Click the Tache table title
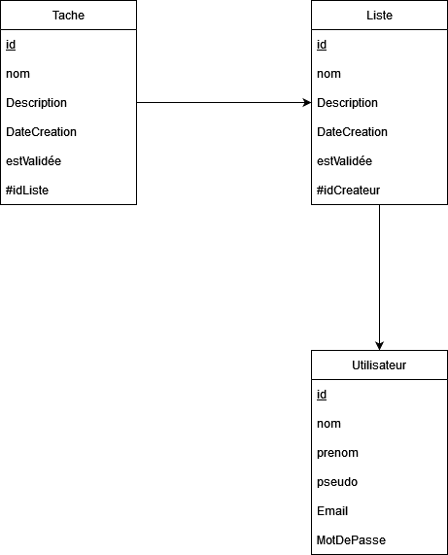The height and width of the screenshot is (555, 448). pyautogui.click(x=68, y=16)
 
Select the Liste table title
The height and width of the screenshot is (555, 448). pyautogui.click(x=379, y=16)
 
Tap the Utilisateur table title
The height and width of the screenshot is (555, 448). pyautogui.click(x=379, y=364)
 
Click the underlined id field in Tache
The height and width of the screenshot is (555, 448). pyautogui.click(x=11, y=45)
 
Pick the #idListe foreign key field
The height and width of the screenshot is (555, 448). pyautogui.click(x=27, y=191)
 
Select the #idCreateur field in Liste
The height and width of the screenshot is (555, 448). pyautogui.click(x=348, y=191)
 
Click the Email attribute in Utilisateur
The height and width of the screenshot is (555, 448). pyautogui.click(x=332, y=510)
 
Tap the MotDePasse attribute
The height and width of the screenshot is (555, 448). pyautogui.click(x=351, y=539)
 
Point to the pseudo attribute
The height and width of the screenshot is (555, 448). pyautogui.click(x=337, y=482)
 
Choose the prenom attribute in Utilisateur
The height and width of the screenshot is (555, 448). pyautogui.click(x=337, y=453)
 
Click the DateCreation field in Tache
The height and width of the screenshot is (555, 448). pyautogui.click(x=41, y=131)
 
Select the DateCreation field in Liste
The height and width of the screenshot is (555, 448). pyautogui.click(x=352, y=131)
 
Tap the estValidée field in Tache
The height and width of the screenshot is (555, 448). pyautogui.click(x=34, y=161)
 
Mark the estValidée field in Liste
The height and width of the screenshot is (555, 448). pyautogui.click(x=344, y=161)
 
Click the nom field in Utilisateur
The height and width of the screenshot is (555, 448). pyautogui.click(x=328, y=424)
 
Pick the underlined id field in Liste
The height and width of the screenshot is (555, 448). pyautogui.click(x=322, y=45)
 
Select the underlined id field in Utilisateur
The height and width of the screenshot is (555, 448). pyautogui.click(x=322, y=395)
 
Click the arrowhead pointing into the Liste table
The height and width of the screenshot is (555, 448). pyautogui.click(x=307, y=103)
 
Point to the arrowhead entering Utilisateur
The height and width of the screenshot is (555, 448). pyautogui.click(x=379, y=346)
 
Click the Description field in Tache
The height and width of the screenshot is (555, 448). pyautogui.click(x=37, y=103)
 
